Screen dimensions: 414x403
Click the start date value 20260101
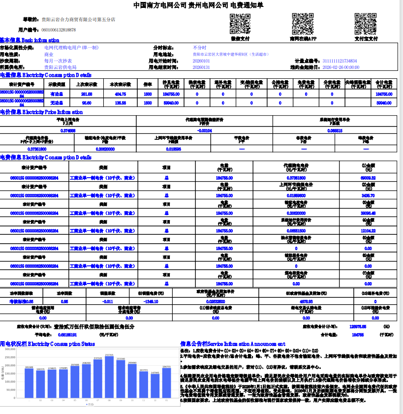click(x=201, y=61)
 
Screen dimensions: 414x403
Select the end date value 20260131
click(x=201, y=67)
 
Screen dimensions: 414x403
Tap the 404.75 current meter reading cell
click(x=120, y=94)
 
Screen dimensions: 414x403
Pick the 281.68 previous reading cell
click(x=87, y=94)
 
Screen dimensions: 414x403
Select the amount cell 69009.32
click(x=368, y=177)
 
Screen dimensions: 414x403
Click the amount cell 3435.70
click(x=368, y=195)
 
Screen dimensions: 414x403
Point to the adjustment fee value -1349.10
click(x=150, y=301)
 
